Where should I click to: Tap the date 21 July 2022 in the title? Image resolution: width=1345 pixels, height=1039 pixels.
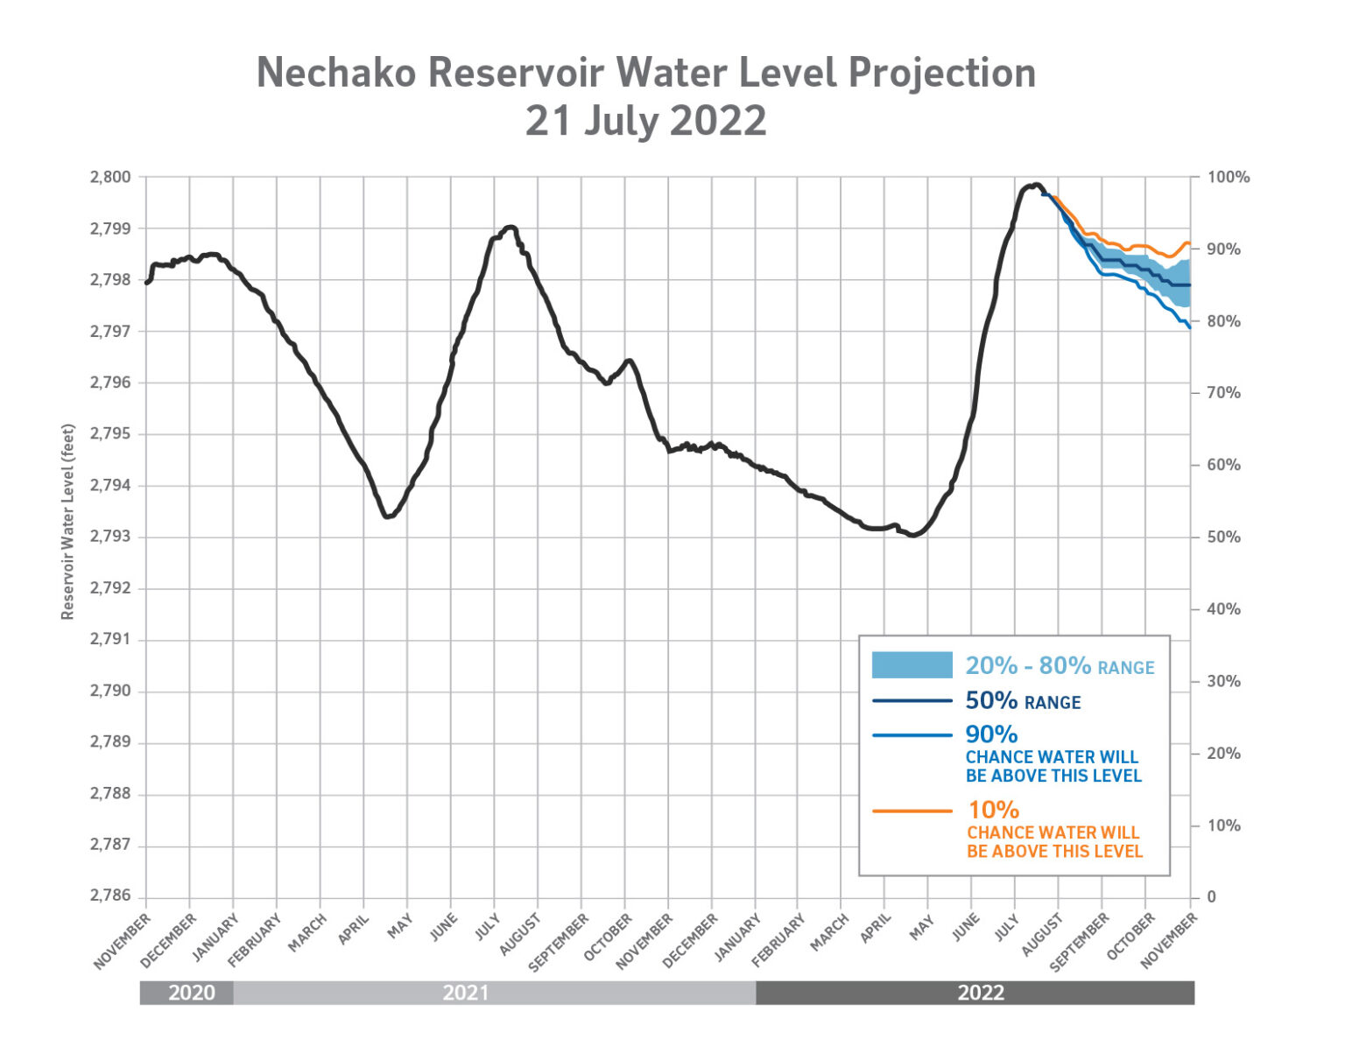(645, 121)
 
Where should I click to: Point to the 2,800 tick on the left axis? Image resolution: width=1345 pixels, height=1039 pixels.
(110, 177)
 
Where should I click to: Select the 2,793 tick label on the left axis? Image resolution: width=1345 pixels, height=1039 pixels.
(110, 537)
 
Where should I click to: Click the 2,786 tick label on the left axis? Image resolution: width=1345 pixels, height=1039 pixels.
(110, 896)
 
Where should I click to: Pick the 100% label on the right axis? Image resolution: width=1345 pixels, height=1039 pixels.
(1228, 178)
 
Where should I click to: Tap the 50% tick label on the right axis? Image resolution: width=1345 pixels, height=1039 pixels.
(1223, 537)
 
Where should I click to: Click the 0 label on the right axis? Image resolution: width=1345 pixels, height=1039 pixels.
(1212, 897)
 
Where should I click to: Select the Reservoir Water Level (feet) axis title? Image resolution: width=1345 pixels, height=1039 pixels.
(67, 522)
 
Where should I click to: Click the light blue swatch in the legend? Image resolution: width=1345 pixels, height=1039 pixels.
(912, 665)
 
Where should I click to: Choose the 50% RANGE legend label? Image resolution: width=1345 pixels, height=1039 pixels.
(1023, 701)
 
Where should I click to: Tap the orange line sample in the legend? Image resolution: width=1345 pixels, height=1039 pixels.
(912, 811)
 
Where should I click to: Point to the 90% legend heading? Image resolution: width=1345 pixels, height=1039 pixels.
(991, 734)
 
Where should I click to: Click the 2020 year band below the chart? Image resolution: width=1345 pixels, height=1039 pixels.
(191, 993)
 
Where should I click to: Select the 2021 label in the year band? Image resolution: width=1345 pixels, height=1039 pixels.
(465, 993)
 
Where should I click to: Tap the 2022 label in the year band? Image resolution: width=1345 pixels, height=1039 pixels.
(980, 993)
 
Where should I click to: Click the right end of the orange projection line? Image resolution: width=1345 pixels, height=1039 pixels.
(1189, 243)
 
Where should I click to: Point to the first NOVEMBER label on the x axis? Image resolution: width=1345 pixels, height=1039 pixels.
(123, 941)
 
